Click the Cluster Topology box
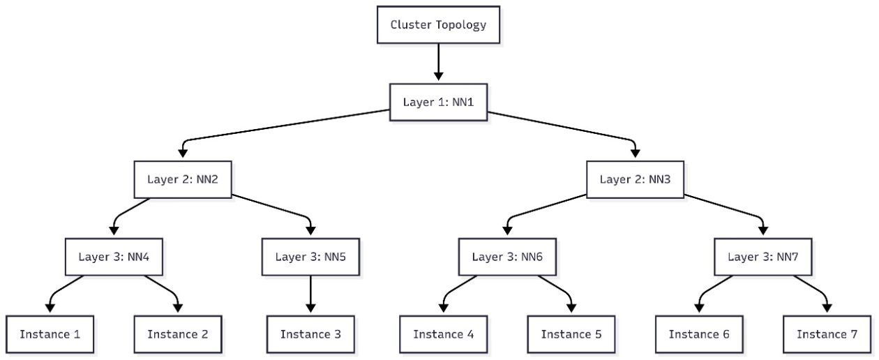pos(438,26)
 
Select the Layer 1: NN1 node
pos(438,102)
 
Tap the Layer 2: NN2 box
pos(183,179)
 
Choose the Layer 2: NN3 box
pos(635,179)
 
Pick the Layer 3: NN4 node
pos(114,257)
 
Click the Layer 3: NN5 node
pos(310,257)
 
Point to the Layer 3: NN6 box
pos(507,257)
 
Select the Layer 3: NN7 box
pos(762,257)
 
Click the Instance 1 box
pos(50,334)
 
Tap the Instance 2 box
pos(177,334)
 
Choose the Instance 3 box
pos(310,334)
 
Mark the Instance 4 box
pos(444,334)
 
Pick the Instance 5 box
pos(571,334)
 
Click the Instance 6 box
pos(699,334)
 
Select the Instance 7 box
pos(827,334)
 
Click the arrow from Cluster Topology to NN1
pos(438,63)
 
